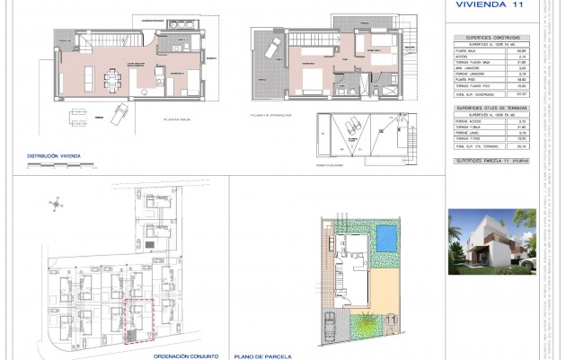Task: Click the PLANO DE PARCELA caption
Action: [261, 355]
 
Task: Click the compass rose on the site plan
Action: [57, 205]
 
